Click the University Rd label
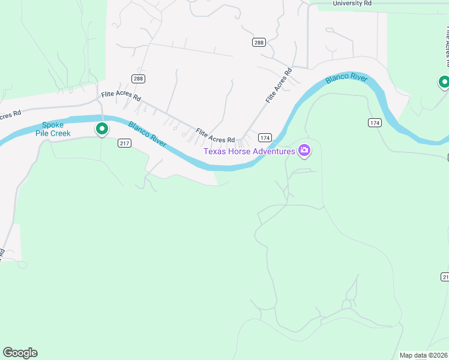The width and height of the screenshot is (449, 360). [x=352, y=3]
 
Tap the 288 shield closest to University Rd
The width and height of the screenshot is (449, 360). [x=259, y=42]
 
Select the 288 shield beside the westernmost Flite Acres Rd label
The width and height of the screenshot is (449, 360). [x=139, y=79]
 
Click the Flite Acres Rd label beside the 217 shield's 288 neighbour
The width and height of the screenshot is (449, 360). [x=121, y=95]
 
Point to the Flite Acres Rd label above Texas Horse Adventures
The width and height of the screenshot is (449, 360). [x=215, y=136]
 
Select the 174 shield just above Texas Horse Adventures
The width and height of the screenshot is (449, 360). [x=265, y=137]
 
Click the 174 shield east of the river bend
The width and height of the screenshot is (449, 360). [x=375, y=122]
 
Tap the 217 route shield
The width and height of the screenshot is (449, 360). [x=125, y=143]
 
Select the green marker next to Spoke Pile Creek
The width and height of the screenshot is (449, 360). [x=102, y=128]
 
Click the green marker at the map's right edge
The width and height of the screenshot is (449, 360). [x=444, y=82]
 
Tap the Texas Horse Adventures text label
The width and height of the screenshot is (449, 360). [x=249, y=151]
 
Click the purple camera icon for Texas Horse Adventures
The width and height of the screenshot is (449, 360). [x=304, y=151]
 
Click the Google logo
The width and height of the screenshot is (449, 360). [x=20, y=353]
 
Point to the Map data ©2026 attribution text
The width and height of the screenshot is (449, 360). [x=423, y=355]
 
